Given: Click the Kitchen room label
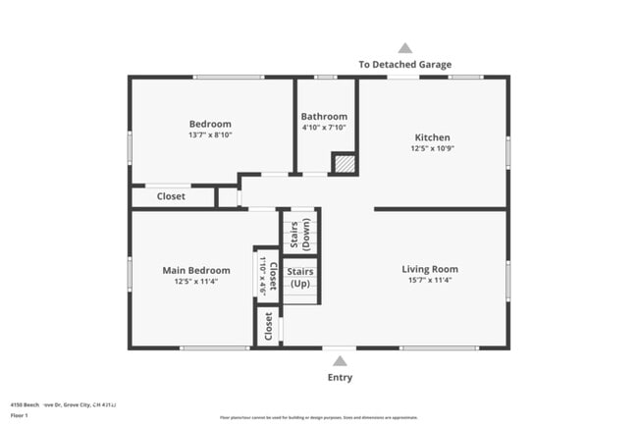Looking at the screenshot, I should (432, 137).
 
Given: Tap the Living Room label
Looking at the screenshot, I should (430, 269).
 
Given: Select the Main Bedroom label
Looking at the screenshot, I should (196, 270).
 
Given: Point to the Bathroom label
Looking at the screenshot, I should (324, 116).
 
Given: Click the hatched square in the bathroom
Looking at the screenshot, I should (344, 164).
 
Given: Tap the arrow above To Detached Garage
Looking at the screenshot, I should (404, 48).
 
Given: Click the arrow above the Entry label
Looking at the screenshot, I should (340, 360).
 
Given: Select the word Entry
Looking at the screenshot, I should (340, 378).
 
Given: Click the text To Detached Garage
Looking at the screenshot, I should (404, 65).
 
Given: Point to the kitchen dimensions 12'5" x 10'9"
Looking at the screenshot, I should (432, 149).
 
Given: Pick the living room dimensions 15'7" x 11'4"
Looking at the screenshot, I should (430, 282).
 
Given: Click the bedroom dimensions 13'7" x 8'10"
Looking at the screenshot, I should (210, 136).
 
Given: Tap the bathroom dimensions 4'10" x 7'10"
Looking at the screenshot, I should (324, 128).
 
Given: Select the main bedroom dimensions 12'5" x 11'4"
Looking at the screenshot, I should (196, 283).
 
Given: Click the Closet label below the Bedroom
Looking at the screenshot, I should (171, 196).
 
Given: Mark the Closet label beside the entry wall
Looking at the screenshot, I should (268, 327).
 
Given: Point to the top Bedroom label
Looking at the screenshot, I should (210, 124).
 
